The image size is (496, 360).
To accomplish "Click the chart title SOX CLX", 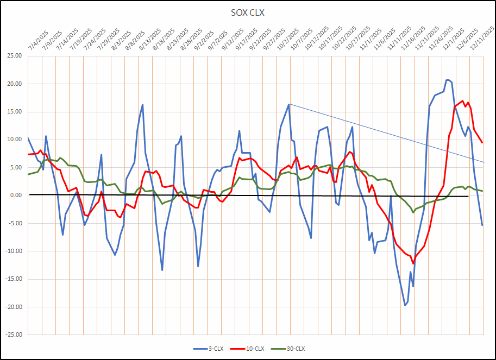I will (x=248, y=12).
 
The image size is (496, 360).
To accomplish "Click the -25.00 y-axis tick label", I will (x=13, y=334).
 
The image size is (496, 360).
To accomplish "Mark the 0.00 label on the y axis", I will (x=15, y=195).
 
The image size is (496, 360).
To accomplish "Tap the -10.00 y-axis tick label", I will (x=13, y=251).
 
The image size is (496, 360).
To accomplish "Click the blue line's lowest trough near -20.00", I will (x=405, y=306).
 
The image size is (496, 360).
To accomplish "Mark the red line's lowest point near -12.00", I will (x=413, y=263).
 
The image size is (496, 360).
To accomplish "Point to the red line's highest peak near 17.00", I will (x=462, y=100).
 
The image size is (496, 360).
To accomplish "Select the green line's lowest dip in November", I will (x=413, y=212).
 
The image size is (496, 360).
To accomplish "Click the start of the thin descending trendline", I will (x=289, y=104).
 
